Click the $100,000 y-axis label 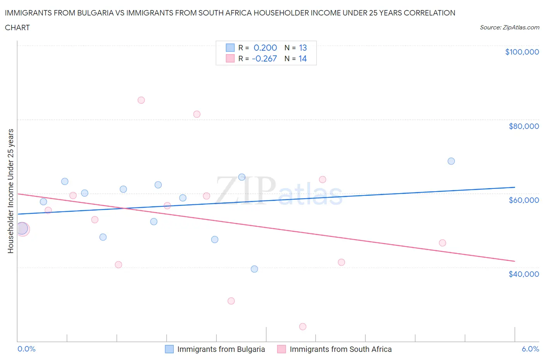pos(522,52)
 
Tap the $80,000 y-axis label pos(523,126)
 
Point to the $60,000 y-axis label pos(523,200)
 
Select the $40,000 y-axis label pos(523,274)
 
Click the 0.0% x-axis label pos(26,349)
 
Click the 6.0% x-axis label pos(530,349)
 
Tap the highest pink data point pos(141,100)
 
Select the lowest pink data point pos(303,327)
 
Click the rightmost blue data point pos(451,161)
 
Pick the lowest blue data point pos(254,269)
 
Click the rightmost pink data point pos(443,243)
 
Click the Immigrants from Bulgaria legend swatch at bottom pos(169,349)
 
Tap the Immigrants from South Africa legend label pos(340,349)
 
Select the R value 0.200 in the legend pos(265,48)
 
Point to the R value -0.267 pos(264,58)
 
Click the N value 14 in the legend pos(303,58)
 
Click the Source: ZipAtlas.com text pos(509,27)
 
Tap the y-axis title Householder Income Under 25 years pos(10,191)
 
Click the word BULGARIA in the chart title pos(95,13)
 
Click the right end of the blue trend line pos(515,187)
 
